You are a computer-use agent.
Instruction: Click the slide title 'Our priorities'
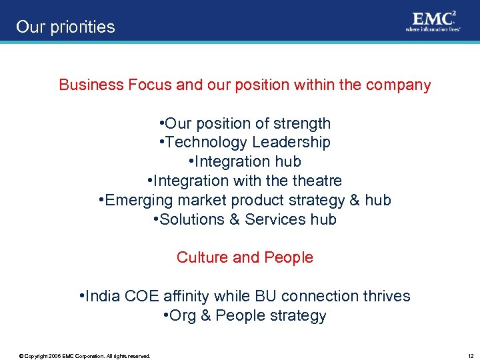coord(65,27)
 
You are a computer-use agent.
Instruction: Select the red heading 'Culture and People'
coord(245,257)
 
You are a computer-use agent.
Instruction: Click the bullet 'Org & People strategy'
coord(245,315)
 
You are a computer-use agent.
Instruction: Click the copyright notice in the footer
coord(85,356)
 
